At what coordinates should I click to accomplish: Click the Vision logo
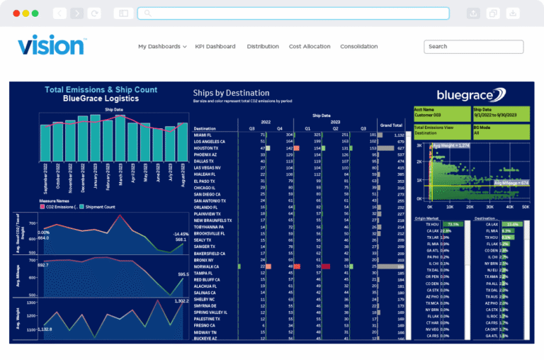(52, 45)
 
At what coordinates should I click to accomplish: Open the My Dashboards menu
(162, 47)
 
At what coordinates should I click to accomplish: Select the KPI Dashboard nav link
(216, 47)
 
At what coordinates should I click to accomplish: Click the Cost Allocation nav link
(310, 47)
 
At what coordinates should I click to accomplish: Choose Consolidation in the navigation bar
(358, 47)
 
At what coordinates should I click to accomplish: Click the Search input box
(473, 47)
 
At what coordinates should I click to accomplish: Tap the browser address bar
(293, 13)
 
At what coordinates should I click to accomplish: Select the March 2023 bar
(120, 138)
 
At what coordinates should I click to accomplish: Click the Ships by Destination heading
(231, 93)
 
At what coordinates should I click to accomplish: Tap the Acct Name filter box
(442, 113)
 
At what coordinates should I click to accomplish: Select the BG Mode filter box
(501, 130)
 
